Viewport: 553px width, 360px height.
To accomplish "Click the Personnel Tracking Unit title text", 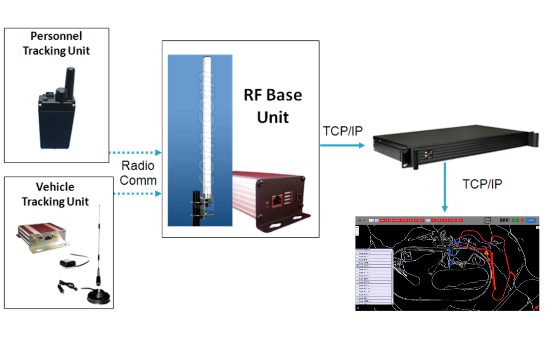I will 56,43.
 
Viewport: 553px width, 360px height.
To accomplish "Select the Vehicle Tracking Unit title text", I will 55,194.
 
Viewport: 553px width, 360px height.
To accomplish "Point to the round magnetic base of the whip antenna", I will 99,297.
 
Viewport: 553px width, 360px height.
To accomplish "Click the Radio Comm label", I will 138,173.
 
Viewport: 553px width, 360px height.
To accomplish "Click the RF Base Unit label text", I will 273,106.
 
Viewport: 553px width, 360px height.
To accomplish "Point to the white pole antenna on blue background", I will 206,128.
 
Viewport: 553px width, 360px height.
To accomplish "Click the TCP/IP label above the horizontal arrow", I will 343,131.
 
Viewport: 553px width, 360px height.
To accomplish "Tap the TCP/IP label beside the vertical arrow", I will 482,184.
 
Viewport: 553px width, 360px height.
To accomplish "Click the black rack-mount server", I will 454,145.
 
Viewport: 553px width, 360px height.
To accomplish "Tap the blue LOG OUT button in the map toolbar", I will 531,220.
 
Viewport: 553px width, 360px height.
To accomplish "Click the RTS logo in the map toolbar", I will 504,220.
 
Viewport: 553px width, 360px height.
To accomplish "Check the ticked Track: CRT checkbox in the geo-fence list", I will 357,266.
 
